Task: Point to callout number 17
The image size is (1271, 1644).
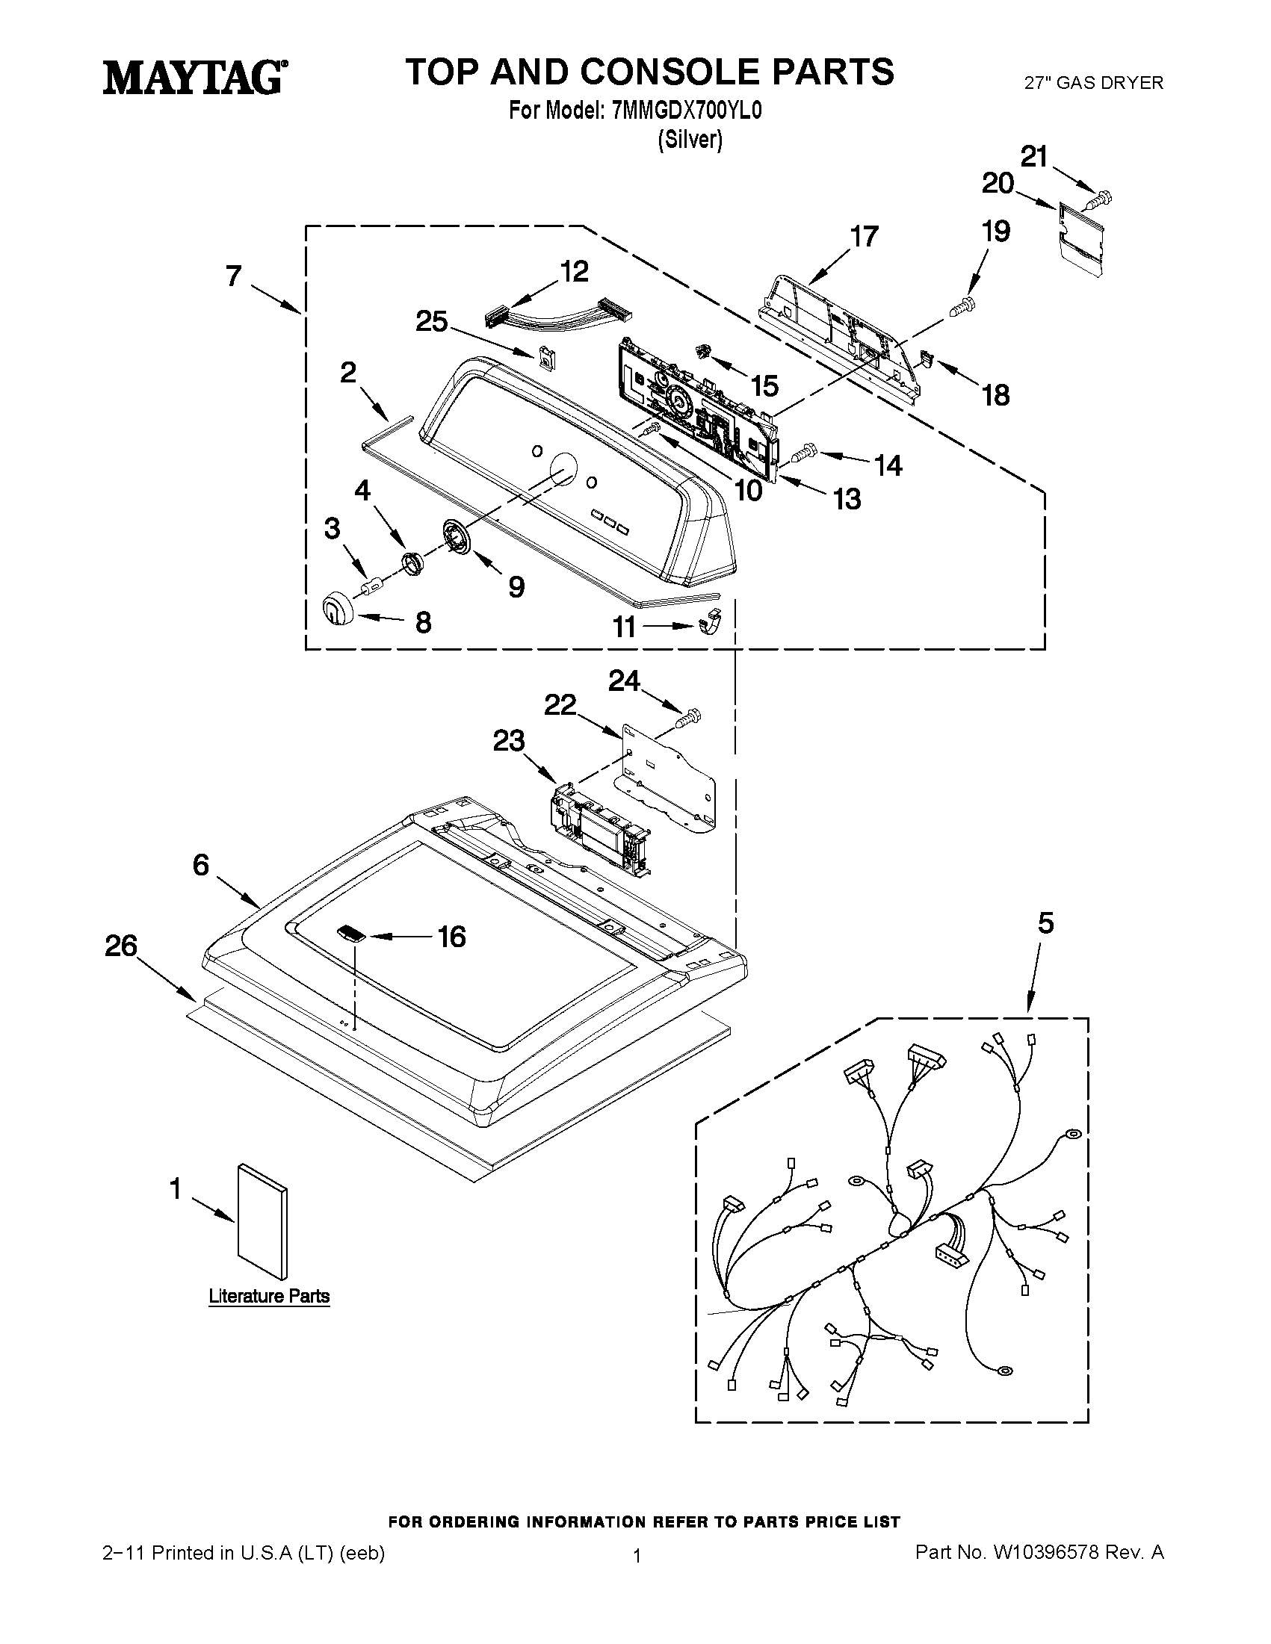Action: pos(865,236)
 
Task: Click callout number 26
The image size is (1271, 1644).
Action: pos(121,946)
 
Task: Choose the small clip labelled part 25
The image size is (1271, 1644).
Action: pos(545,357)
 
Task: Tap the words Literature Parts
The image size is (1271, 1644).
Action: pos(269,1296)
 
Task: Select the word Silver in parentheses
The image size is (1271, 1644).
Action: pos(690,139)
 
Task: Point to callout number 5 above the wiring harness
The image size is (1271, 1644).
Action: pos(1046,924)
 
